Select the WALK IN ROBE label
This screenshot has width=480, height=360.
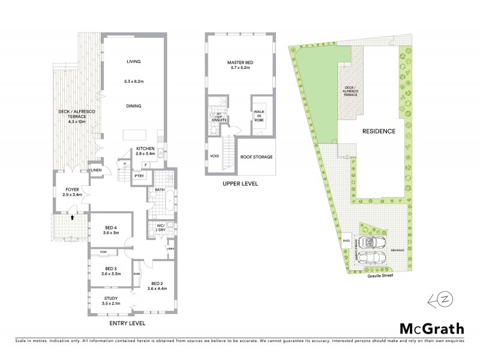tap(259, 115)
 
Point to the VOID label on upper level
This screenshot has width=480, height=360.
tap(215, 157)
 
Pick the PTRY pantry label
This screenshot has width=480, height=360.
tap(139, 176)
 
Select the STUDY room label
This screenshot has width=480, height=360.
tap(111, 298)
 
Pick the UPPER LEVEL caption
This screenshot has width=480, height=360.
tap(239, 184)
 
